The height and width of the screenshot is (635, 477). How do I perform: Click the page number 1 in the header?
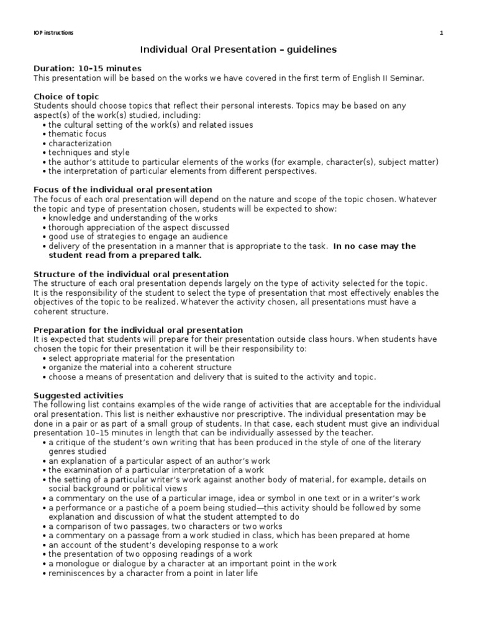pos(441,33)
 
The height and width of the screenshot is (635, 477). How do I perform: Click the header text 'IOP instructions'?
pos(53,33)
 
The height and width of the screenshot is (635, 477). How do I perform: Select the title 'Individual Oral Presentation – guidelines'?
pos(238,49)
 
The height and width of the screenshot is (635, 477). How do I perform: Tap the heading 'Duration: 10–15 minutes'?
pos(87,68)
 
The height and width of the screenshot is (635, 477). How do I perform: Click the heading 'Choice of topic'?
pos(66,97)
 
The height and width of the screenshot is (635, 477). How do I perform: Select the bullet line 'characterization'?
pos(80,143)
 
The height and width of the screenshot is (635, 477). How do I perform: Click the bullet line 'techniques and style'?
pos(89,153)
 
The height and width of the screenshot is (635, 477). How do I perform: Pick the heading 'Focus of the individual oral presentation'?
pos(122,190)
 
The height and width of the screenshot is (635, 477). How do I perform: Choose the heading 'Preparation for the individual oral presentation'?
pos(138,330)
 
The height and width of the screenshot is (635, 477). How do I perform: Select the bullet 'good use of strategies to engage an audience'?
pos(138,236)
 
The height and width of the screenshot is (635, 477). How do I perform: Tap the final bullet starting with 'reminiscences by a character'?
pos(153,573)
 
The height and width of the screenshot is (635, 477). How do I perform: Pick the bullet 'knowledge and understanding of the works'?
pos(133,218)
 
